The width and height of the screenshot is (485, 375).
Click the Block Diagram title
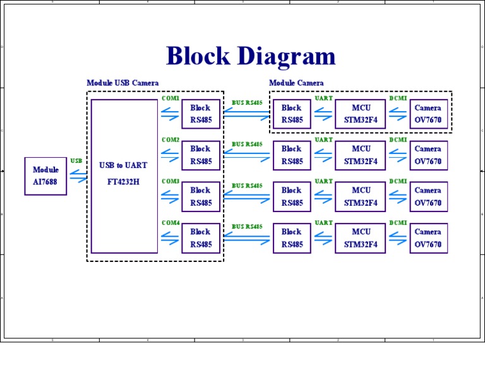[x=251, y=56]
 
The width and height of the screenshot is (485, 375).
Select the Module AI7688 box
[x=45, y=176]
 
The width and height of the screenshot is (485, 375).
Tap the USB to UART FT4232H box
[x=124, y=176]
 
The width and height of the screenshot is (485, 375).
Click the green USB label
[x=76, y=161]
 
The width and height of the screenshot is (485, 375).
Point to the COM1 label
[x=171, y=98]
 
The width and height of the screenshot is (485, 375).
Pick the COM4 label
[x=171, y=223]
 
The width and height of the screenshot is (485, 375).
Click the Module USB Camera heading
[x=123, y=83]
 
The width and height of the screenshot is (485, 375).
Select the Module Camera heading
[x=296, y=83]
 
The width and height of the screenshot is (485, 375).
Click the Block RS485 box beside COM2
[x=201, y=155]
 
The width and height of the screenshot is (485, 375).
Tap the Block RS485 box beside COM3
[x=201, y=196]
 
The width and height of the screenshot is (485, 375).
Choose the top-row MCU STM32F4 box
[x=361, y=114]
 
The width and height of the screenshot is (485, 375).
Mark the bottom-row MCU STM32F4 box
[x=361, y=238]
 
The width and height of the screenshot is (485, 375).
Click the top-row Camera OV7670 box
[x=428, y=114]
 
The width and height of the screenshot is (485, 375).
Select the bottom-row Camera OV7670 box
[x=428, y=238]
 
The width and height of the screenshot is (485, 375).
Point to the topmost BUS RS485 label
[x=247, y=102]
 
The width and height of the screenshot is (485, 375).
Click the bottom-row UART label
[x=323, y=223]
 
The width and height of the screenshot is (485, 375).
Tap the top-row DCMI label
[x=398, y=98]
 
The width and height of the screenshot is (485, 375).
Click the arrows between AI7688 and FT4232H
[x=78, y=177]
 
